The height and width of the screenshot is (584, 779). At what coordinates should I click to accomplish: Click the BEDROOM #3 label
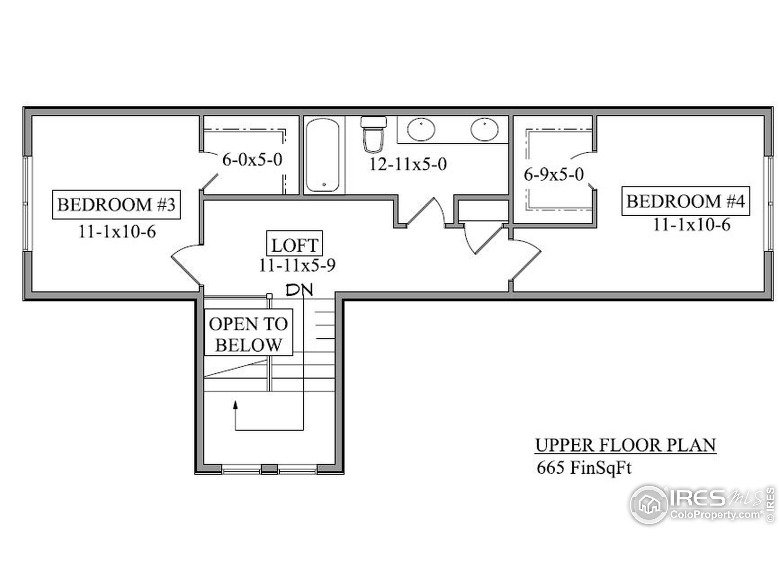click(116, 204)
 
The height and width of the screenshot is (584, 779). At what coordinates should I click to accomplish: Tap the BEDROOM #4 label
click(685, 201)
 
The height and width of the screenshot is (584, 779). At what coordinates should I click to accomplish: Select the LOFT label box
click(295, 243)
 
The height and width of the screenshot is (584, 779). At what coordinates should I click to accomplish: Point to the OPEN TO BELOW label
click(249, 333)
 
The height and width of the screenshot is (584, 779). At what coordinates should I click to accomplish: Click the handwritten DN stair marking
click(299, 290)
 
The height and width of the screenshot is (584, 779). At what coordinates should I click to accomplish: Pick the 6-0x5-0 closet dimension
click(252, 159)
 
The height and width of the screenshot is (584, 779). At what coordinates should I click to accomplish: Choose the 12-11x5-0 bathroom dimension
click(408, 164)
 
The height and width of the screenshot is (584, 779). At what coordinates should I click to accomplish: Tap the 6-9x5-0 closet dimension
click(554, 174)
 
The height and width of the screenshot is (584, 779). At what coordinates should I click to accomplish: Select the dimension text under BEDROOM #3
click(117, 232)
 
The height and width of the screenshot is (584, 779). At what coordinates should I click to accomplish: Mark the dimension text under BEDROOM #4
click(692, 224)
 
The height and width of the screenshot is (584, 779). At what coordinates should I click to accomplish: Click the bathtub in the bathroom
click(323, 155)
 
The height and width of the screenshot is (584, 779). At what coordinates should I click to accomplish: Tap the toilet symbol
click(373, 134)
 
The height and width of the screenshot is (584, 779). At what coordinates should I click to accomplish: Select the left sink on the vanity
click(421, 129)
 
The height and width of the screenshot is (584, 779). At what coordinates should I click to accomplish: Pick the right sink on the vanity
click(484, 129)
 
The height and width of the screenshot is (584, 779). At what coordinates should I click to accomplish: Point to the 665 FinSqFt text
click(584, 468)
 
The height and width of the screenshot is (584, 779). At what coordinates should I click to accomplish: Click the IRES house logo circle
click(649, 505)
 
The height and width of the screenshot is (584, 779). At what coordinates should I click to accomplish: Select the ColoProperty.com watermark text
click(715, 515)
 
